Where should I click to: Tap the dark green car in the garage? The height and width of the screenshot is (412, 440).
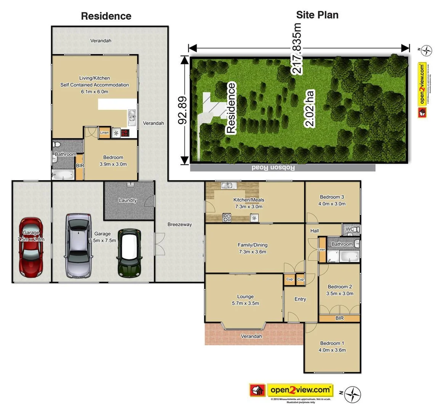129,253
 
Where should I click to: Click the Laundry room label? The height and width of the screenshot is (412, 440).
128,200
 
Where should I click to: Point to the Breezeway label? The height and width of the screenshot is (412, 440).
180,224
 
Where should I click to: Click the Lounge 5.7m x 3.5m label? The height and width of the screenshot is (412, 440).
245,300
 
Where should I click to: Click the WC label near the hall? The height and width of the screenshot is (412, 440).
350,229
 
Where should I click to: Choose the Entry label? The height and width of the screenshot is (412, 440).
300,299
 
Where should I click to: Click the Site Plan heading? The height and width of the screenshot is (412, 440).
317,15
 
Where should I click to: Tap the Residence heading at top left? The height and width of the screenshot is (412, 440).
106,16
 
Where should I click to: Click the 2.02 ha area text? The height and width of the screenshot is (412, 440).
310,108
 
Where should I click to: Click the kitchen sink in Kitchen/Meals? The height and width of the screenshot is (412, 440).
228,186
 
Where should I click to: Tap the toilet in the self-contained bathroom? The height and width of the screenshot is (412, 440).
57,145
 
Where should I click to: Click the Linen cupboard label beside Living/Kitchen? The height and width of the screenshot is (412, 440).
104,133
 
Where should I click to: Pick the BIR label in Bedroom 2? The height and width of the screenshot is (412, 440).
339,318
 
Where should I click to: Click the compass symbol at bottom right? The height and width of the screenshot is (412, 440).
352,394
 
